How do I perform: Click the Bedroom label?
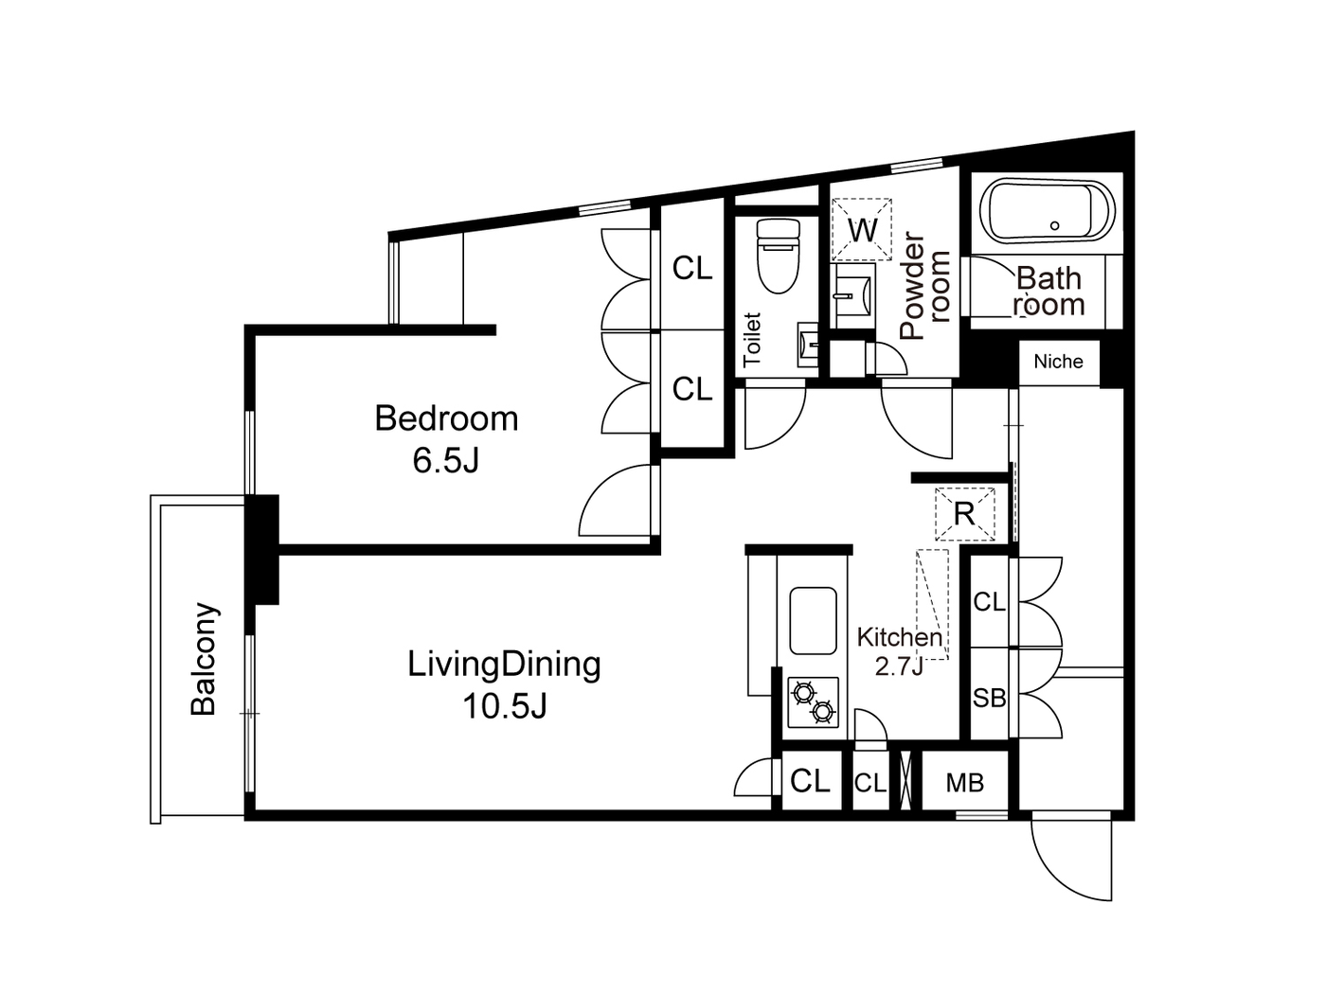[446, 418]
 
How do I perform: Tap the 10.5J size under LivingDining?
[504, 706]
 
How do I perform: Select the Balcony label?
[205, 659]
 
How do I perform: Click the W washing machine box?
[862, 229]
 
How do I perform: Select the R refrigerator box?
[964, 514]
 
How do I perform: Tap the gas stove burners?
[814, 702]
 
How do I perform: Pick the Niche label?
[1058, 362]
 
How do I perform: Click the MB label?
[965, 783]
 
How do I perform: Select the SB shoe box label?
[990, 698]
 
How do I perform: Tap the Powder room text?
[924, 285]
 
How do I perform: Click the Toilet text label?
[752, 339]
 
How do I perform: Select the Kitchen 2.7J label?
[899, 651]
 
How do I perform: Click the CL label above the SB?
[990, 602]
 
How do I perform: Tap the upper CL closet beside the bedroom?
[692, 269]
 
